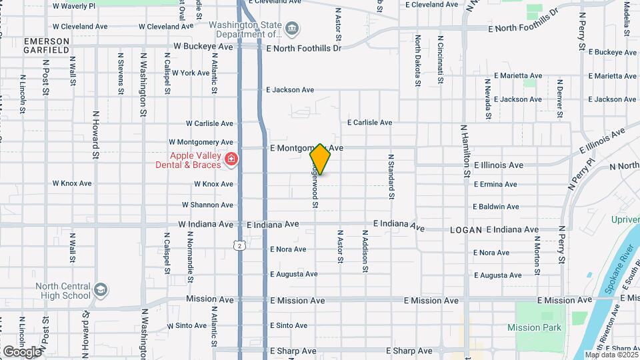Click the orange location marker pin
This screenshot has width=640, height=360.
pyautogui.click(x=320, y=159)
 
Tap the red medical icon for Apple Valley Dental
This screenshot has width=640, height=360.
pyautogui.click(x=231, y=159)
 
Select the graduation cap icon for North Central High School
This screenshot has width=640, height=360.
pyautogui.click(x=100, y=290)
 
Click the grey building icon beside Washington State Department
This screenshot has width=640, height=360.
pyautogui.click(x=292, y=29)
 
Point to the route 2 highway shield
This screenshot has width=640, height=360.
pyautogui.click(x=240, y=245)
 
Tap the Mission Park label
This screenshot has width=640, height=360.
pyautogui.click(x=534, y=327)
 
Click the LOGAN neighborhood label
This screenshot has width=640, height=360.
pyautogui.click(x=465, y=229)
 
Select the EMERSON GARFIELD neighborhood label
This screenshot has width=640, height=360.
pyautogui.click(x=47, y=45)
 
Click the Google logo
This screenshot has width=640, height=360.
pyautogui.click(x=22, y=351)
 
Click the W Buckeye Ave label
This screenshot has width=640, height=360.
pyautogui.click(x=203, y=47)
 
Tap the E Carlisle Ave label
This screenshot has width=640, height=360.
pyautogui.click(x=379, y=123)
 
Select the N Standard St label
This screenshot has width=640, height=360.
pyautogui.click(x=391, y=177)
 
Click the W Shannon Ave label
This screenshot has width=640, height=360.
pyautogui.click(x=208, y=205)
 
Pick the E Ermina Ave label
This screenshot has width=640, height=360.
pyautogui.click(x=496, y=184)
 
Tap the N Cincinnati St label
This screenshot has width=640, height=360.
pyautogui.click(x=440, y=60)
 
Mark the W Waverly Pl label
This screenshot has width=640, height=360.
pyautogui.click(x=73, y=5)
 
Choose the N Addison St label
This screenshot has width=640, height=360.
pyautogui.click(x=365, y=251)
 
